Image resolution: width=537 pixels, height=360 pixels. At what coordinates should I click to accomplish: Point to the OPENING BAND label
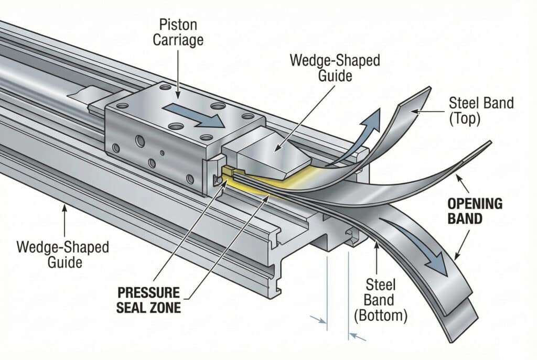[475, 211]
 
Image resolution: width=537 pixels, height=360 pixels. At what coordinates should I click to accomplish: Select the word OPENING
[475, 203]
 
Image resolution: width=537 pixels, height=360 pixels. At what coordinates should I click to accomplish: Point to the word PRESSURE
[148, 292]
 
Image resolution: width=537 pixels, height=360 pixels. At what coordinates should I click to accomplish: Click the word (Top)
[465, 118]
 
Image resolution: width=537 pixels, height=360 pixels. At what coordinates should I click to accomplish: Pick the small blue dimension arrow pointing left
[358, 336]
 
